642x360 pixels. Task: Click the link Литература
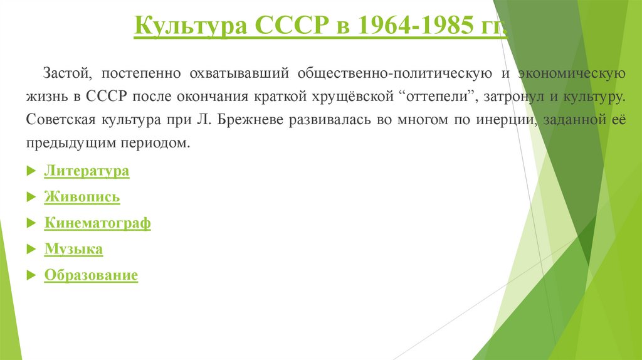[87, 171]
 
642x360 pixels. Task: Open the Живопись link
[82, 198]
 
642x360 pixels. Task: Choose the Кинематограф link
[97, 223]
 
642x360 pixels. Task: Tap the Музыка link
[73, 249]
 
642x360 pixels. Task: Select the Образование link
[91, 275]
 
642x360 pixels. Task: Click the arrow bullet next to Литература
[31, 172]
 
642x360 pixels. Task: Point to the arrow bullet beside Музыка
[31, 250]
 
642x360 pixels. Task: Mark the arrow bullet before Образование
[31, 276]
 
